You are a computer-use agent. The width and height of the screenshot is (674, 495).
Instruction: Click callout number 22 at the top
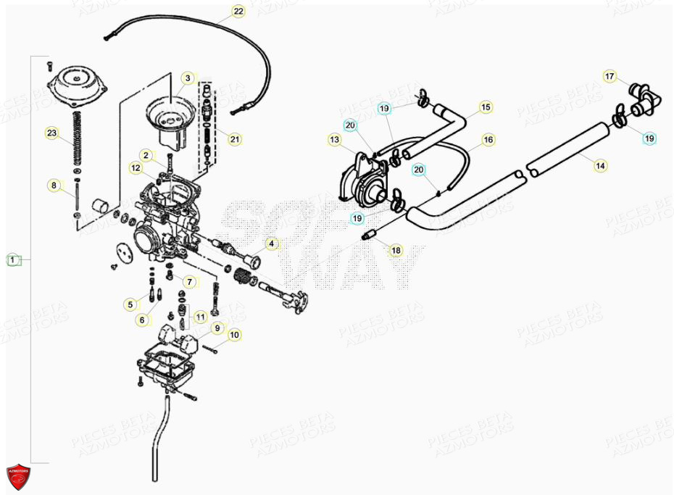coord(238,12)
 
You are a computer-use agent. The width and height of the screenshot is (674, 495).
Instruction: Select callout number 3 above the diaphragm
coord(187,78)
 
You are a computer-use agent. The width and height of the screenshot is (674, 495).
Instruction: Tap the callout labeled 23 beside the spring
coord(51,133)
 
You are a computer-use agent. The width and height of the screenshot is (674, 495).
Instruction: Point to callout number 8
coord(54,186)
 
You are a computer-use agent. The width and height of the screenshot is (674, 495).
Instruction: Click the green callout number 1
coord(12,259)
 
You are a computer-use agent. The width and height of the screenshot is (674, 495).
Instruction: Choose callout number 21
coord(233,139)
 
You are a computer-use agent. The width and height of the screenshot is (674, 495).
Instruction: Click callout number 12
coord(136,168)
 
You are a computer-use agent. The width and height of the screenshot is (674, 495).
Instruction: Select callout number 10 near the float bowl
coord(233,335)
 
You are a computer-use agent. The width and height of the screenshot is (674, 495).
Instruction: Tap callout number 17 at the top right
coord(609,76)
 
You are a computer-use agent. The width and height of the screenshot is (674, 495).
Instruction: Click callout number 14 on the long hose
coord(600,166)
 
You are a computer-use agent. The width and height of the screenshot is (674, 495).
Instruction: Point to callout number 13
coord(334,139)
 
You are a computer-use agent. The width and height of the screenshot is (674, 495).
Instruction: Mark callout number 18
coord(395,251)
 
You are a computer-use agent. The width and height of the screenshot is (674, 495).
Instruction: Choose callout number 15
coord(485,107)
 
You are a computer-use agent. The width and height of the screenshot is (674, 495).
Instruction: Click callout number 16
coord(488,139)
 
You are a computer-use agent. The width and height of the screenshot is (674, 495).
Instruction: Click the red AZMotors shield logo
coord(19,475)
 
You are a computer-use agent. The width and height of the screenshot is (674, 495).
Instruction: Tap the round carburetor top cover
coord(78,82)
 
